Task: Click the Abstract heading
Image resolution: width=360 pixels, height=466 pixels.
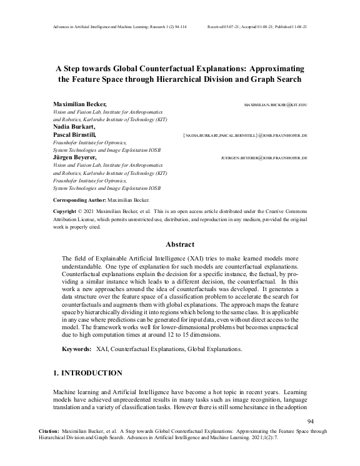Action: pos(180,244)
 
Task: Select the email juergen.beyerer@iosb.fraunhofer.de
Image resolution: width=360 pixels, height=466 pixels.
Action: pos(265,158)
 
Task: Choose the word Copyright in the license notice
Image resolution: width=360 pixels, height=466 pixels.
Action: pos(68,212)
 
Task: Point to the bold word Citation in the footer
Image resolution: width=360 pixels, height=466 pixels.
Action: pos(49,431)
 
